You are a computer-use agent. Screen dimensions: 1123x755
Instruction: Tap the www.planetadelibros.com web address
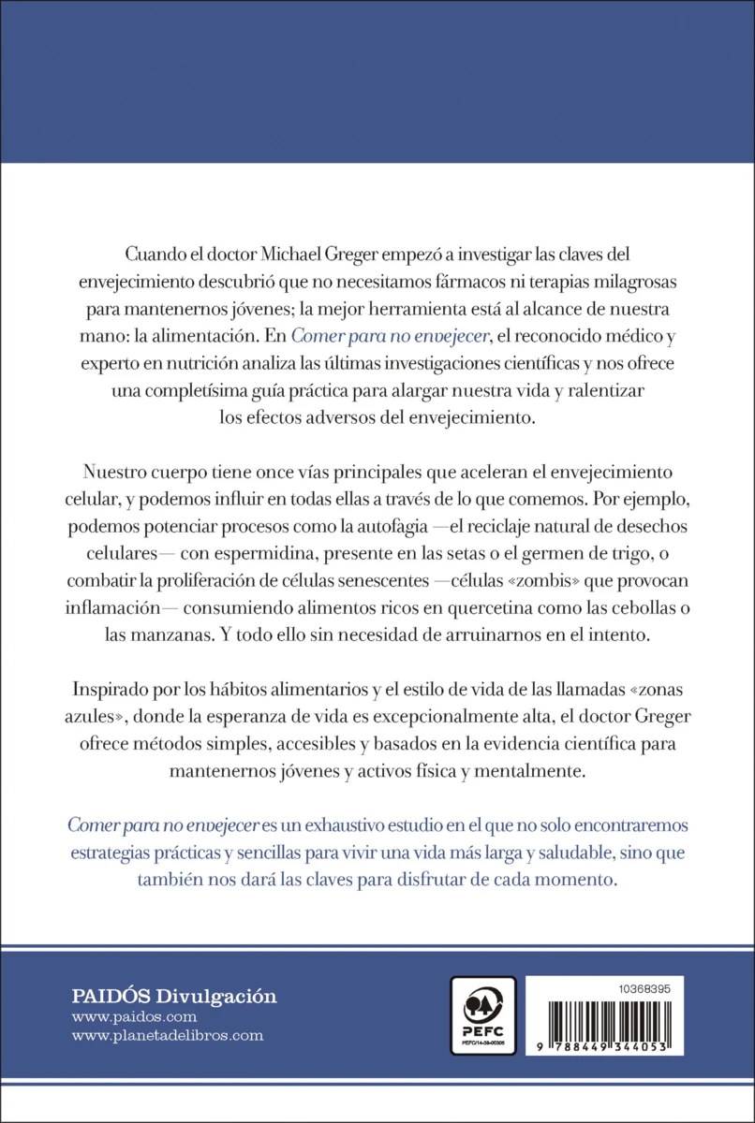tap(168, 1036)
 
